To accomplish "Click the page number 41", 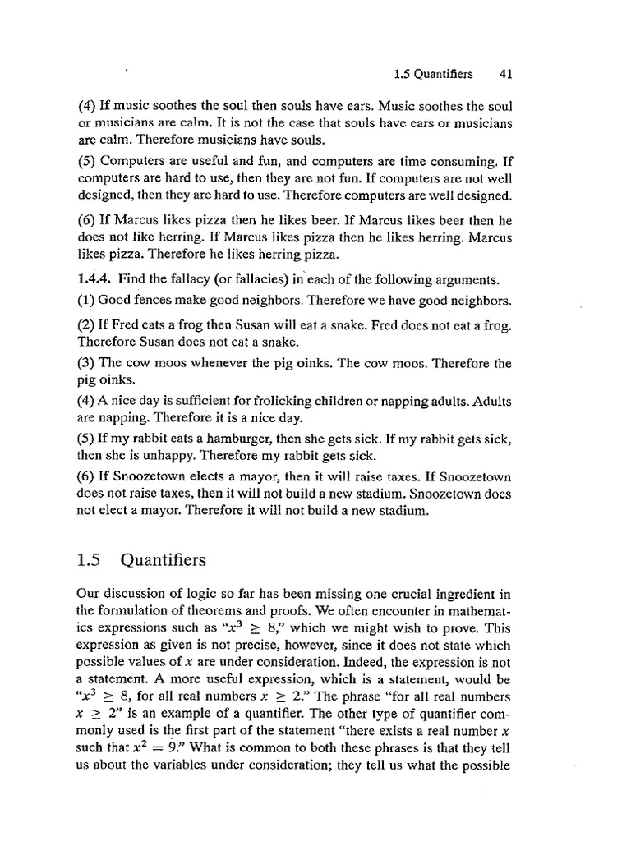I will tap(506, 74).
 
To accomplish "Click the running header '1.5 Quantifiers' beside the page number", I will tap(434, 74).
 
